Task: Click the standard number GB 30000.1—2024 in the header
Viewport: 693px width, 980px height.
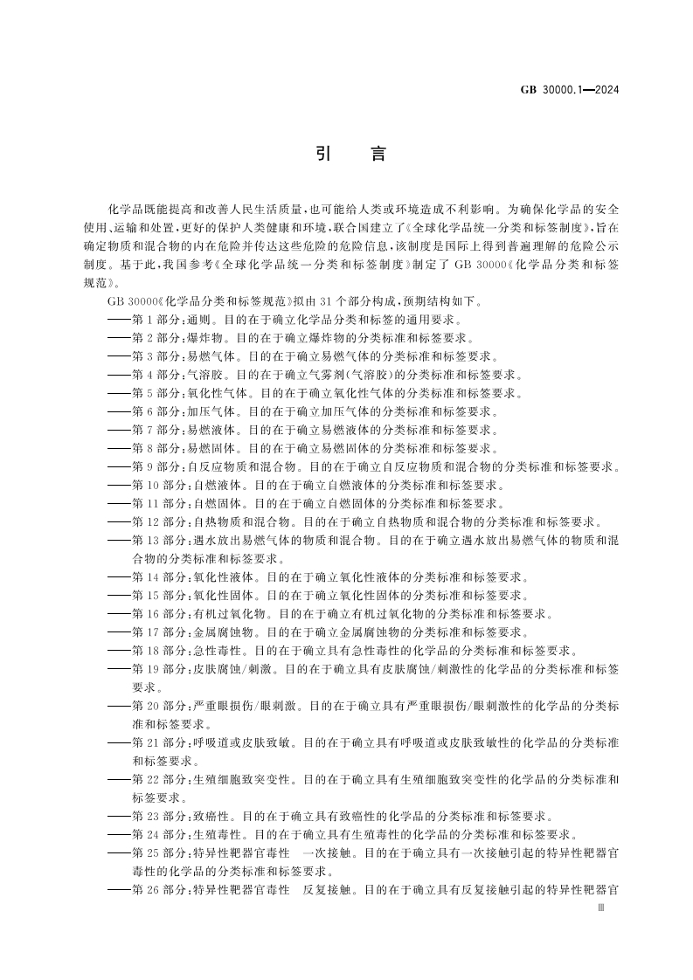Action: [x=571, y=90]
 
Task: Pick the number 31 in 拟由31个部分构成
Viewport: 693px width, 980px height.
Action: [x=281, y=301]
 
